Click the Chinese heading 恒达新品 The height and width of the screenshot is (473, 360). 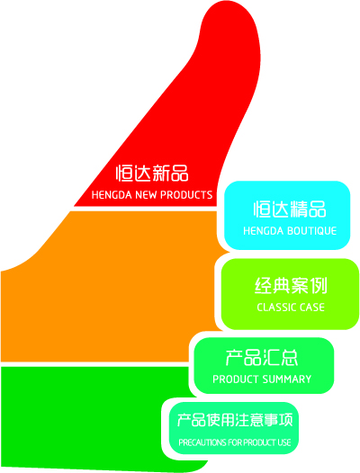pyautogui.click(x=152, y=174)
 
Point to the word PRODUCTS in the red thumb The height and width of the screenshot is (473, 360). pyautogui.click(x=186, y=195)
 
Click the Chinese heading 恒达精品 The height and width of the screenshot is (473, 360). pyautogui.click(x=290, y=209)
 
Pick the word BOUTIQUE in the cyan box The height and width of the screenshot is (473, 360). pyautogui.click(x=311, y=231)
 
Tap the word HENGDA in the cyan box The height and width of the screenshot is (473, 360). pyautogui.click(x=264, y=231)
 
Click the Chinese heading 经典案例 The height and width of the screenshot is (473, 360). pyautogui.click(x=291, y=285)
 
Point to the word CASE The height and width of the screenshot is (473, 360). pyautogui.click(x=311, y=308)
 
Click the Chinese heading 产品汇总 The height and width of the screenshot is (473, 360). pyautogui.click(x=262, y=358)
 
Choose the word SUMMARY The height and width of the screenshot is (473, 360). pyautogui.click(x=286, y=379)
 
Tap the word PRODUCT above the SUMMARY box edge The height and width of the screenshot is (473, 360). pyautogui.click(x=236, y=379)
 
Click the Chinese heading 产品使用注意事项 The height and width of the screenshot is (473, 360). pyautogui.click(x=235, y=420)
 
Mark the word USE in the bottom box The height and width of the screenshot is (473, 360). pyautogui.click(x=283, y=442)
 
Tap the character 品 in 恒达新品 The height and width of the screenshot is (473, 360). pyautogui.click(x=180, y=174)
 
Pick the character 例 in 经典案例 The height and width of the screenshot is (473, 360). pyautogui.click(x=319, y=285)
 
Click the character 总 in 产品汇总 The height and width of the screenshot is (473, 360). pyautogui.click(x=289, y=358)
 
